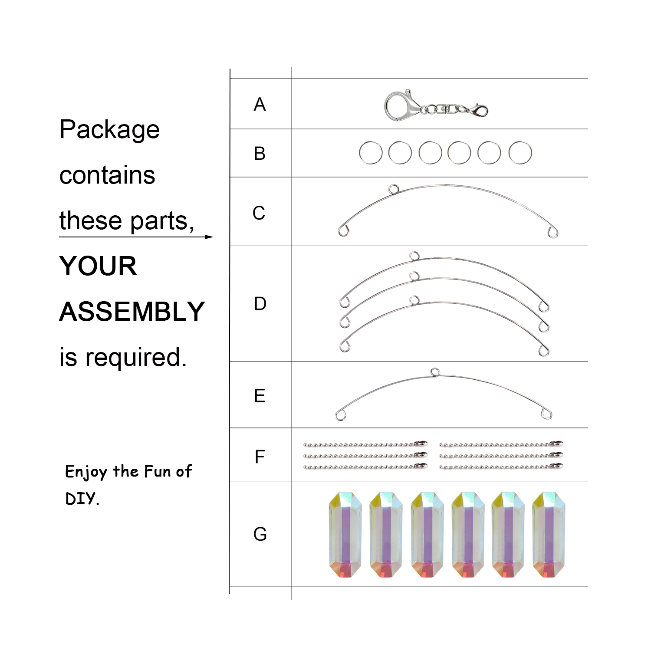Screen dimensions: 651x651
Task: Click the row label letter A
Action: click(260, 105)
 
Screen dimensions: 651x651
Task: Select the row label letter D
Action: click(260, 304)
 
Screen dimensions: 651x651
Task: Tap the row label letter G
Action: click(260, 534)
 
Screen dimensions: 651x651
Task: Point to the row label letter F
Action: click(260, 457)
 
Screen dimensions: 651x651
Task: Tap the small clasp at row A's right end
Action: click(479, 111)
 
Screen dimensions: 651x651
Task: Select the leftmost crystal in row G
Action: click(345, 535)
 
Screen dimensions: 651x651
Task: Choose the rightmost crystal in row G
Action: click(549, 535)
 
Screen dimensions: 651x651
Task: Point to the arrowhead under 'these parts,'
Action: click(209, 237)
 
